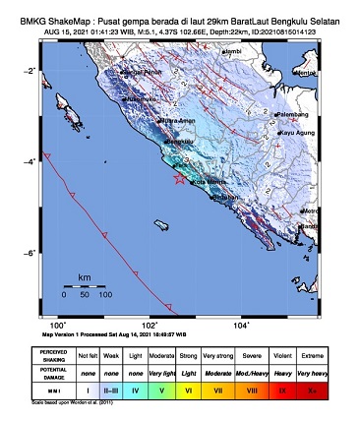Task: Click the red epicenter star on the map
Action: coord(178,179)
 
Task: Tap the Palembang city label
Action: coord(295,115)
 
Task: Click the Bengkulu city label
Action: coord(183,144)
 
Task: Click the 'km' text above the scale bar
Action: coord(85,277)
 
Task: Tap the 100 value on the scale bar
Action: coord(105,294)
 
